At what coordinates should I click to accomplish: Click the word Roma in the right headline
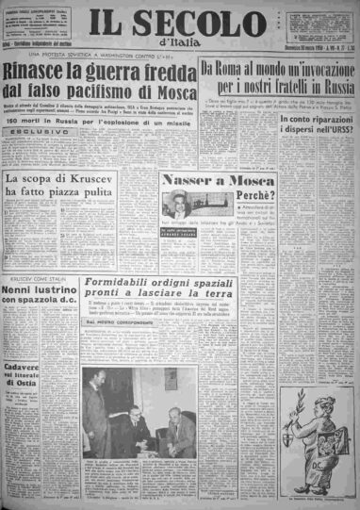click(x=236, y=69)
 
